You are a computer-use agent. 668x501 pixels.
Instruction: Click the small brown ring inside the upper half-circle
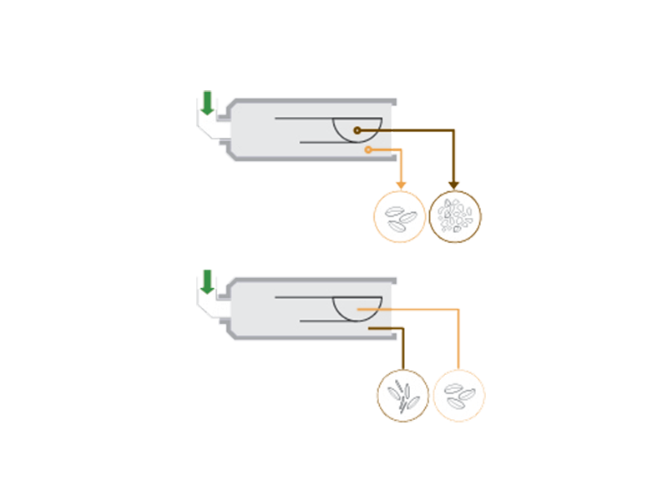click(x=357, y=130)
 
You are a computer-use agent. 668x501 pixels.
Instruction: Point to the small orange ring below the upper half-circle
click(x=368, y=150)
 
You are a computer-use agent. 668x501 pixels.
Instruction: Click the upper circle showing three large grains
click(x=399, y=216)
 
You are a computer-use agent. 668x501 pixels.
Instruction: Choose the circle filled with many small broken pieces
click(x=455, y=216)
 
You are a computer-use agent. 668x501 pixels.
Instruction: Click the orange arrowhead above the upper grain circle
click(x=399, y=185)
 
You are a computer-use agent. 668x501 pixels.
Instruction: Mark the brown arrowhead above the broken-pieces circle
click(x=455, y=185)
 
